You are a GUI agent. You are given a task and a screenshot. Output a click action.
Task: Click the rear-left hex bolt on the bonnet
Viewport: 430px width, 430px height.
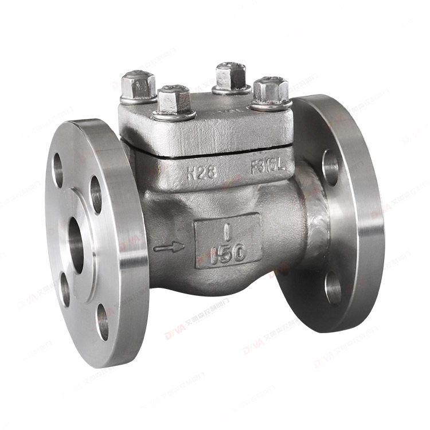(138, 85)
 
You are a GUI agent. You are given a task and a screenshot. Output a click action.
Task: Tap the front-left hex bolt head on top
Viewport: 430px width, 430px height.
(174, 100)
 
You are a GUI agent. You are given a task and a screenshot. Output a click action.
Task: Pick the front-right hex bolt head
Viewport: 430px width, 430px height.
(270, 91)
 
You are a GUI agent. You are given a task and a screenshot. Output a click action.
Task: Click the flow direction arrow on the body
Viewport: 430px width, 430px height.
(169, 247)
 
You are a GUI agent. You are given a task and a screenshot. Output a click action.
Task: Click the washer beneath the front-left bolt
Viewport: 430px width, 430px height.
(174, 115)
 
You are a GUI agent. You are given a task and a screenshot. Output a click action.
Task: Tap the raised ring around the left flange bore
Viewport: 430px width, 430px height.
(89, 247)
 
